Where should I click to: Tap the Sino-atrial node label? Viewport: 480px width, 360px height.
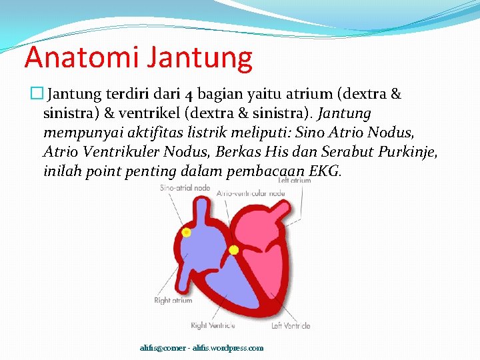[x=185, y=188]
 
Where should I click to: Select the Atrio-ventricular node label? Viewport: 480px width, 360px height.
[x=251, y=193]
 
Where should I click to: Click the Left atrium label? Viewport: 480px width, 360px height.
[x=294, y=181]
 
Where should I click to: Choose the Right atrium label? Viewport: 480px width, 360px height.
[x=173, y=301]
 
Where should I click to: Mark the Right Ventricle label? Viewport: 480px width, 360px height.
[x=213, y=325]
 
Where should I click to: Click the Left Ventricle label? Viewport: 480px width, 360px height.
[x=290, y=325]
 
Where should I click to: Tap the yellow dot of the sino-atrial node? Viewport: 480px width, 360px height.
[x=186, y=233]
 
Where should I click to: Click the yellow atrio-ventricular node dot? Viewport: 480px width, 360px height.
[x=233, y=250]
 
